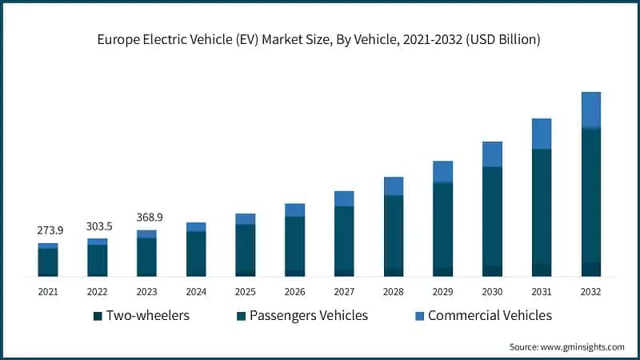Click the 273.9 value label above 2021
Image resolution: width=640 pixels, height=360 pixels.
(x=50, y=230)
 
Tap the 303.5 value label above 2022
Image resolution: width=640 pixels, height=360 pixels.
(x=98, y=226)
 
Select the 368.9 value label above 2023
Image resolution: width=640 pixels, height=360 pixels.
(x=147, y=217)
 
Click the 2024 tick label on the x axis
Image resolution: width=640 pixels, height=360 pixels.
(x=196, y=291)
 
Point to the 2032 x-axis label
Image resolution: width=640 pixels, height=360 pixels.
(x=590, y=291)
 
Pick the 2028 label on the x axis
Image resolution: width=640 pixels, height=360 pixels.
(x=394, y=291)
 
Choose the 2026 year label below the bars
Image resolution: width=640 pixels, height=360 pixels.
(x=294, y=291)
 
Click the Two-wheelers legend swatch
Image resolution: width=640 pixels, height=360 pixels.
(x=98, y=316)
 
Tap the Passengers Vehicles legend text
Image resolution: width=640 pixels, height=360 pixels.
(x=308, y=315)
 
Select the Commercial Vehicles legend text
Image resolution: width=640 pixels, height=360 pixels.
(x=490, y=315)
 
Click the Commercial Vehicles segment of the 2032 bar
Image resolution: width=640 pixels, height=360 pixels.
(x=590, y=110)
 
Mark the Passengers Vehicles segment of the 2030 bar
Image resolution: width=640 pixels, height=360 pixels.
(x=492, y=216)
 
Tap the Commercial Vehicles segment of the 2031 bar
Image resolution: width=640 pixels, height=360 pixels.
(x=542, y=134)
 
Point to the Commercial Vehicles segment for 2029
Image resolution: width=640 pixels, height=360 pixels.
(x=442, y=172)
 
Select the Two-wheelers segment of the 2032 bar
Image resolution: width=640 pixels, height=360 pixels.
(x=590, y=269)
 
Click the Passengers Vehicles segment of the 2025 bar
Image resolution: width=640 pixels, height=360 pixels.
(x=246, y=248)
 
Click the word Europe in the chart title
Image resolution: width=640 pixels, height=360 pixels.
(x=119, y=39)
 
